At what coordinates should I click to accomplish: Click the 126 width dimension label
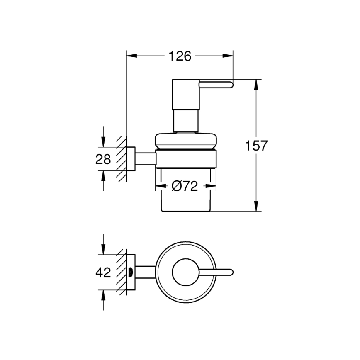(x=180, y=56)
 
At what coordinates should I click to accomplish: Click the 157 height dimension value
(x=256, y=146)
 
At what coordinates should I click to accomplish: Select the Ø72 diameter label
(x=184, y=187)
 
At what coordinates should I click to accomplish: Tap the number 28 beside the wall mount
(x=103, y=159)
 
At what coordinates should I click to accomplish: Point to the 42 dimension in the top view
(x=103, y=273)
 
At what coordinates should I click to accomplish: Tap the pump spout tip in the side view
(x=229, y=85)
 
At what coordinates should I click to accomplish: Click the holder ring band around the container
(x=186, y=158)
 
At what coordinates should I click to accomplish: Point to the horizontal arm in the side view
(x=145, y=158)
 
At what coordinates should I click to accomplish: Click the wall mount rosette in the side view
(x=131, y=158)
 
